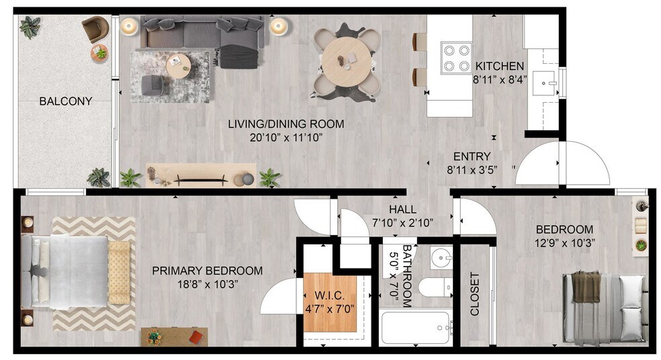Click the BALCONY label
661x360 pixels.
(65, 101)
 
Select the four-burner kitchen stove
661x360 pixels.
(455, 58)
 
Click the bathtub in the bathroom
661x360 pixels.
(414, 328)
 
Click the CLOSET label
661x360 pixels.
(476, 294)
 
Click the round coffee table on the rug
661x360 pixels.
(177, 64)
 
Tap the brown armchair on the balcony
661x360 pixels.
(95, 29)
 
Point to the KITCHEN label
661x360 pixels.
(499, 66)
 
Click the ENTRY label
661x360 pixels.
(472, 156)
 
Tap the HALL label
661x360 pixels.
(402, 209)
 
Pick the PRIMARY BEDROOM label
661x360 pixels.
(207, 271)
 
